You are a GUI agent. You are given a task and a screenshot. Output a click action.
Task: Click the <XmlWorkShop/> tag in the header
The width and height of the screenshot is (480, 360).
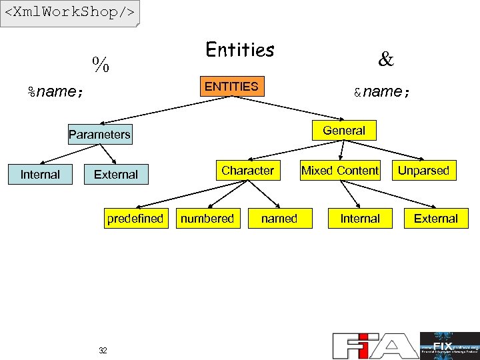(x=70, y=13)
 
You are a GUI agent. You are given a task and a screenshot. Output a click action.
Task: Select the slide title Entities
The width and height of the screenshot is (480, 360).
(x=240, y=50)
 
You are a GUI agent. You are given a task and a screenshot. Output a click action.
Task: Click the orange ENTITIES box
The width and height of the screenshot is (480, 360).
(x=231, y=87)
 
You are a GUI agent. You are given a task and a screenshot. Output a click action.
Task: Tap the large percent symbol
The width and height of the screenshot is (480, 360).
(x=101, y=65)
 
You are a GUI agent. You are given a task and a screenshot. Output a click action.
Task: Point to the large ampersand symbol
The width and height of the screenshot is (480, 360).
(x=385, y=60)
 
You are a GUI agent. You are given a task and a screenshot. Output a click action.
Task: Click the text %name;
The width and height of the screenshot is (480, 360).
(x=55, y=91)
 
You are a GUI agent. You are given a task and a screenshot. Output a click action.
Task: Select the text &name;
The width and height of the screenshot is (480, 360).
(x=382, y=91)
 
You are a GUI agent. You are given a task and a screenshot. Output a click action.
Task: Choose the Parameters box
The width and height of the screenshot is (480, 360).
(x=99, y=135)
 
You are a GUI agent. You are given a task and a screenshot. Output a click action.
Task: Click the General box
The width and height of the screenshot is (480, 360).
(x=344, y=131)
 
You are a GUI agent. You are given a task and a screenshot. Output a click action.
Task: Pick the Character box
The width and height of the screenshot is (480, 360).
(x=247, y=171)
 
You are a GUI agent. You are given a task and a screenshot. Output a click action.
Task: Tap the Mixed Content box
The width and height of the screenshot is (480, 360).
(x=340, y=171)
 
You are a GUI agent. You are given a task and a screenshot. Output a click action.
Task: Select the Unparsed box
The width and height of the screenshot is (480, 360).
(x=423, y=171)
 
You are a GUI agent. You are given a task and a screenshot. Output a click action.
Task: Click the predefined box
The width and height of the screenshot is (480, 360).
(x=135, y=219)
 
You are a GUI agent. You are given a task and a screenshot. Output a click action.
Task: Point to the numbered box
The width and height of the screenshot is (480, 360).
(x=208, y=219)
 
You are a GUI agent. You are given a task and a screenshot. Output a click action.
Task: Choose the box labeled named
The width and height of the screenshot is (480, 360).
(x=279, y=219)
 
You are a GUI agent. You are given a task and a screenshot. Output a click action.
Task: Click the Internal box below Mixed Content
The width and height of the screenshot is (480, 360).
(x=360, y=219)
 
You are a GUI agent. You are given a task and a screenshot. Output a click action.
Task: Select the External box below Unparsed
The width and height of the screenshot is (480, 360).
(x=436, y=219)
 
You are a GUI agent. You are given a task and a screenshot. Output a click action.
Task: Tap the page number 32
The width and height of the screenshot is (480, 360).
(x=103, y=351)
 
